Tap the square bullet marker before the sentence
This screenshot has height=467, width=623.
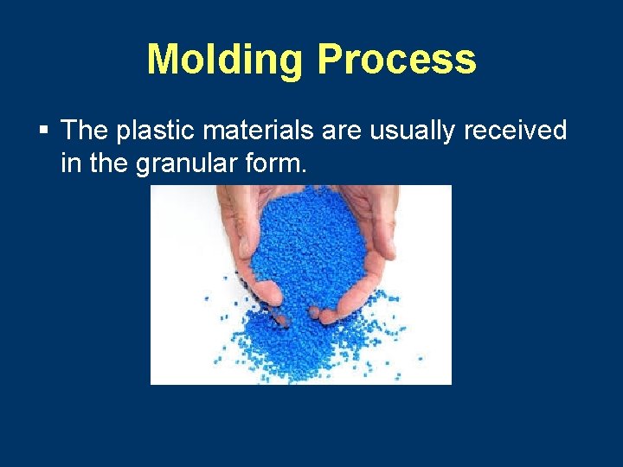click(43, 131)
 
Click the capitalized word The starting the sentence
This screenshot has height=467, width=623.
click(84, 131)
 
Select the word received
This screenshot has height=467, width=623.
click(516, 131)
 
